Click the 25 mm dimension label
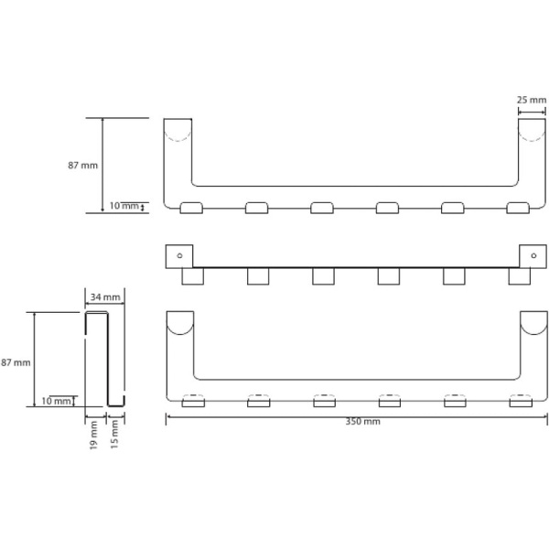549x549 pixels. pyautogui.click(x=532, y=100)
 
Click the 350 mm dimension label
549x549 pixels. pyautogui.click(x=362, y=422)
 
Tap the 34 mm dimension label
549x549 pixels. pyautogui.click(x=105, y=297)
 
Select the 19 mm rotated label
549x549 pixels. pyautogui.click(x=93, y=436)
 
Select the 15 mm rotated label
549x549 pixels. pyautogui.click(x=114, y=435)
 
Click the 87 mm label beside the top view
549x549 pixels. pyautogui.click(x=83, y=166)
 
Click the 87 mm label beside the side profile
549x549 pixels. pyautogui.click(x=16, y=362)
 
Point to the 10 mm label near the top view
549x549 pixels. pyautogui.click(x=124, y=206)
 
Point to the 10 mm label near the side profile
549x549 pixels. pyautogui.click(x=56, y=401)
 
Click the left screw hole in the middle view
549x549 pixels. pyautogui.click(x=179, y=255)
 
